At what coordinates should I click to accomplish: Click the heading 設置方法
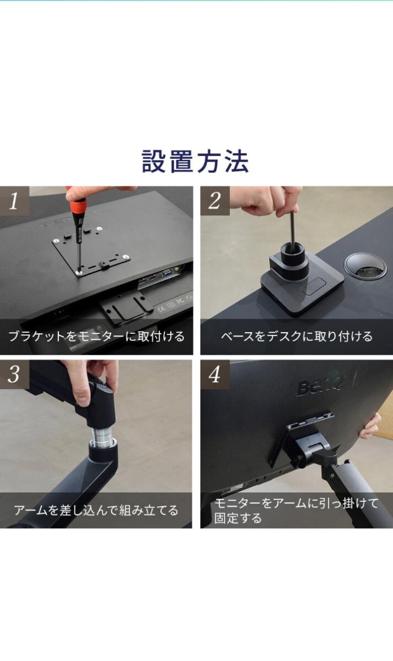pyautogui.click(x=195, y=161)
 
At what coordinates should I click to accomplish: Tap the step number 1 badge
pyautogui.click(x=14, y=201)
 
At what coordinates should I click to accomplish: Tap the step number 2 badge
pyautogui.click(x=215, y=201)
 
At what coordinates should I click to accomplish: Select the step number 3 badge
pyautogui.click(x=14, y=375)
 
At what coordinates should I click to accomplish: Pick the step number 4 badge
pyautogui.click(x=215, y=375)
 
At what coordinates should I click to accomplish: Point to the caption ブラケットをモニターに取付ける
pyautogui.click(x=96, y=337)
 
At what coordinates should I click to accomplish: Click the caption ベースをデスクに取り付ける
pyautogui.click(x=297, y=337)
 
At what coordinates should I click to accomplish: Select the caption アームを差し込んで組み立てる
pyautogui.click(x=96, y=510)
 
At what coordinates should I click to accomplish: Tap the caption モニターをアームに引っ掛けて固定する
pyautogui.click(x=296, y=511)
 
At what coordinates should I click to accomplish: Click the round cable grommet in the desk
pyautogui.click(x=365, y=266)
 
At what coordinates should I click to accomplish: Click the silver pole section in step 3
pyautogui.click(x=101, y=435)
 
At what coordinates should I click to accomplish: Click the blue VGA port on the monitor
pyautogui.click(x=168, y=274)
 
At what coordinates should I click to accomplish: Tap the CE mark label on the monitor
pyautogui.click(x=161, y=309)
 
